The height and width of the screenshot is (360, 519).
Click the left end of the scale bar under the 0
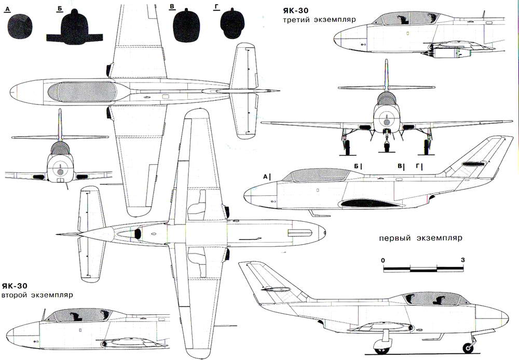(x=384, y=269)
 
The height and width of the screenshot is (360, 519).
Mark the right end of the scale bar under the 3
(x=463, y=269)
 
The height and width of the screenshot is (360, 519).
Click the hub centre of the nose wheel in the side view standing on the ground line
(x=468, y=348)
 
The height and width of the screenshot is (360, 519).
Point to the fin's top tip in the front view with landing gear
(x=386, y=60)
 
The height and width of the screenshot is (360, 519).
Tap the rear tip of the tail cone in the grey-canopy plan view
(x=279, y=91)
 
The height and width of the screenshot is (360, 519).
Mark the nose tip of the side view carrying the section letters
(x=244, y=196)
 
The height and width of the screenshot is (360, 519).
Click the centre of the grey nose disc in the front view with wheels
(x=386, y=122)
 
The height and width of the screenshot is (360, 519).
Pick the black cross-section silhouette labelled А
(x=20, y=26)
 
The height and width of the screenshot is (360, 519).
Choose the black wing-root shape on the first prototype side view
(x=372, y=203)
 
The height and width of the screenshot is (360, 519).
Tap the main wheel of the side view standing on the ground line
(x=381, y=347)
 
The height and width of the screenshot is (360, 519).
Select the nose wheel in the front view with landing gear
(x=386, y=146)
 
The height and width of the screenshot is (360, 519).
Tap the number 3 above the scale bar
(x=463, y=260)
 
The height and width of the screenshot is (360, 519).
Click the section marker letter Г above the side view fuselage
(x=418, y=166)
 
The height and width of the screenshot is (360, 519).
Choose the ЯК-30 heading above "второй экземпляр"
(x=15, y=286)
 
